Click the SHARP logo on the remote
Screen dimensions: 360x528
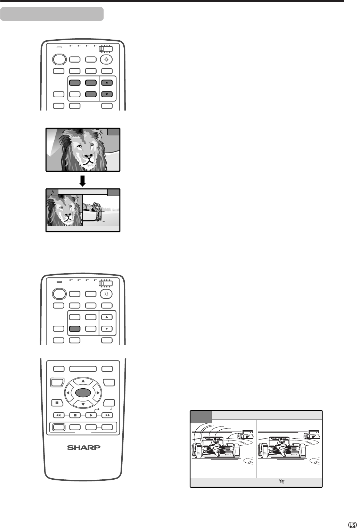84,447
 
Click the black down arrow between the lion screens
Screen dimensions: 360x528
82,181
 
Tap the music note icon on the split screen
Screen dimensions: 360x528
52,192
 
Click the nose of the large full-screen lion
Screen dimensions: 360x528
89,156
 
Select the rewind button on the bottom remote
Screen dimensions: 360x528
59,415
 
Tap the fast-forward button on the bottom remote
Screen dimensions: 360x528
107,415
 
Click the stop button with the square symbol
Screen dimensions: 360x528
75,415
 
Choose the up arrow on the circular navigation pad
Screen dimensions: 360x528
83,381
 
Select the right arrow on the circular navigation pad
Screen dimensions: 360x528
98,393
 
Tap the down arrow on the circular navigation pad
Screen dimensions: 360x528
83,404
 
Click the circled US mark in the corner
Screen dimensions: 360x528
352,525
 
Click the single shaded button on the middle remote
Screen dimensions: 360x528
75,328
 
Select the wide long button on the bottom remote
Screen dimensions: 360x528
83,369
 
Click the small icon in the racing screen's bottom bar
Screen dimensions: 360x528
282,481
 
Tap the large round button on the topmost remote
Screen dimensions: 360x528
59,59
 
